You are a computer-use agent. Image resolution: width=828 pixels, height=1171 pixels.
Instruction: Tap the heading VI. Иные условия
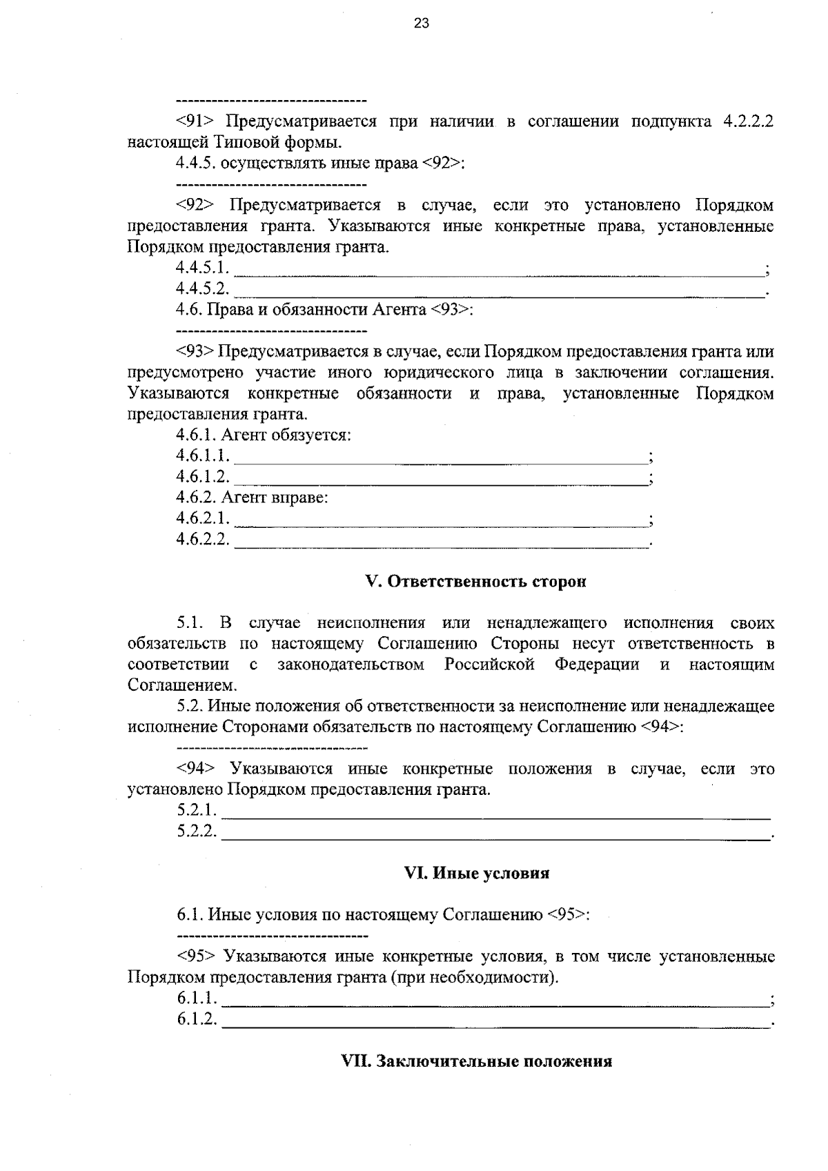(x=476, y=874)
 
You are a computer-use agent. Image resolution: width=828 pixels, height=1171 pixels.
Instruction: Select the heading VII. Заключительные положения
(x=477, y=1061)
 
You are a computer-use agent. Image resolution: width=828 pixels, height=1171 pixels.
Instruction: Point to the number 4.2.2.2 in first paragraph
(x=748, y=122)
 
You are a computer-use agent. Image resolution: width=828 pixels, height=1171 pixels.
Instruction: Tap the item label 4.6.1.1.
(x=202, y=456)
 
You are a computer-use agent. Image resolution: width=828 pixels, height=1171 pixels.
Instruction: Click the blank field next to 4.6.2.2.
(x=442, y=541)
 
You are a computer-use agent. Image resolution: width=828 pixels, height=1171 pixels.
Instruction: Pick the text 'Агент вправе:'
(x=275, y=498)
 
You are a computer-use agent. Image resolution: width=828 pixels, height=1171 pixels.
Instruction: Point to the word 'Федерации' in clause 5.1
(x=597, y=665)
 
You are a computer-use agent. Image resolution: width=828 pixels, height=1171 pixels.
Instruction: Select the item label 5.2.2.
(x=197, y=832)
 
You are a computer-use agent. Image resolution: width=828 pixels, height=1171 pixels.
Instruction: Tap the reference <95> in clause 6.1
(x=567, y=916)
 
